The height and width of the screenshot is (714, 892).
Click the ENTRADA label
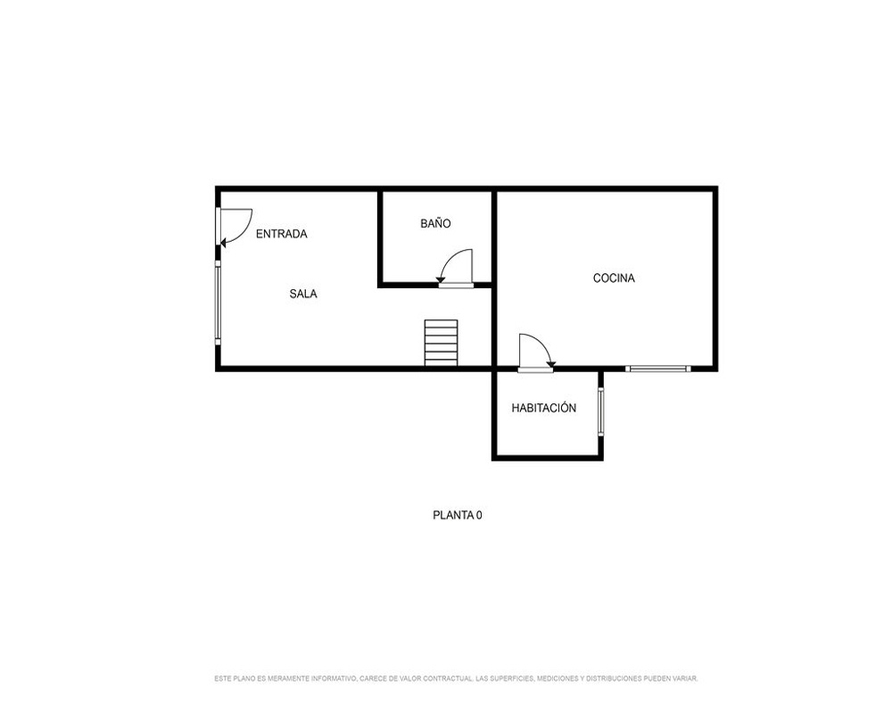281,234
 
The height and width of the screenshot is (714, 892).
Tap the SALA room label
303,294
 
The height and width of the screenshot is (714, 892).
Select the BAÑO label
436,223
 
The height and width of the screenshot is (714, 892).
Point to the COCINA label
614,278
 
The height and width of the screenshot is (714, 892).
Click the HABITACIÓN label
544,407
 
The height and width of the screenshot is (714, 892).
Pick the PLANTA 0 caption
458,515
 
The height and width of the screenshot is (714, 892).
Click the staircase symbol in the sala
441,343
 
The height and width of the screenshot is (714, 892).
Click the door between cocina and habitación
535,353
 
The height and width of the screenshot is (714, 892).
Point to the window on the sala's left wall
218,303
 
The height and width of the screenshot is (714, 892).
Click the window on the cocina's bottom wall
658,369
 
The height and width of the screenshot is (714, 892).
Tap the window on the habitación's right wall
600,411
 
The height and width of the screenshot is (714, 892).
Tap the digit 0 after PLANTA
479,515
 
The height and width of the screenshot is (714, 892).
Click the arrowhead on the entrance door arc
223,243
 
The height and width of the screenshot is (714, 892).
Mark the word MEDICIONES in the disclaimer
557,678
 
